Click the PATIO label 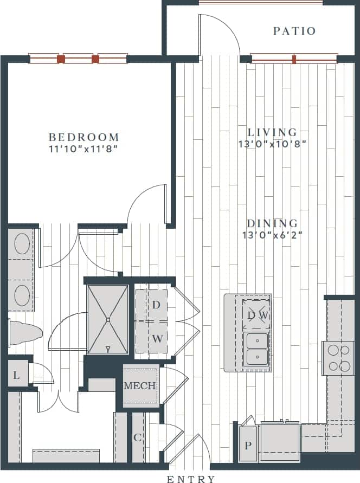coord(294,31)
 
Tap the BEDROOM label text coord(83,137)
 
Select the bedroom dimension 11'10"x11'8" coord(83,147)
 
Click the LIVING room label coord(272,132)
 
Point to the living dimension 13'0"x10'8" coord(272,144)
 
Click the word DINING coord(272,223)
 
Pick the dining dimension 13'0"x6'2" coord(272,235)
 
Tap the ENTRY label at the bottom coord(191,479)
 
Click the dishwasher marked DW coord(257,314)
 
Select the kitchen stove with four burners coord(338,358)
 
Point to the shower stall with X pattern coord(108,320)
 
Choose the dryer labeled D coord(156,305)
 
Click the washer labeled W coord(156,339)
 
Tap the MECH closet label coord(140,387)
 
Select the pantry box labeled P coord(248,446)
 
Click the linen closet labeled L coord(17,375)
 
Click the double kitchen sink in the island coord(256,349)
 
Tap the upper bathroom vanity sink coord(21,244)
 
